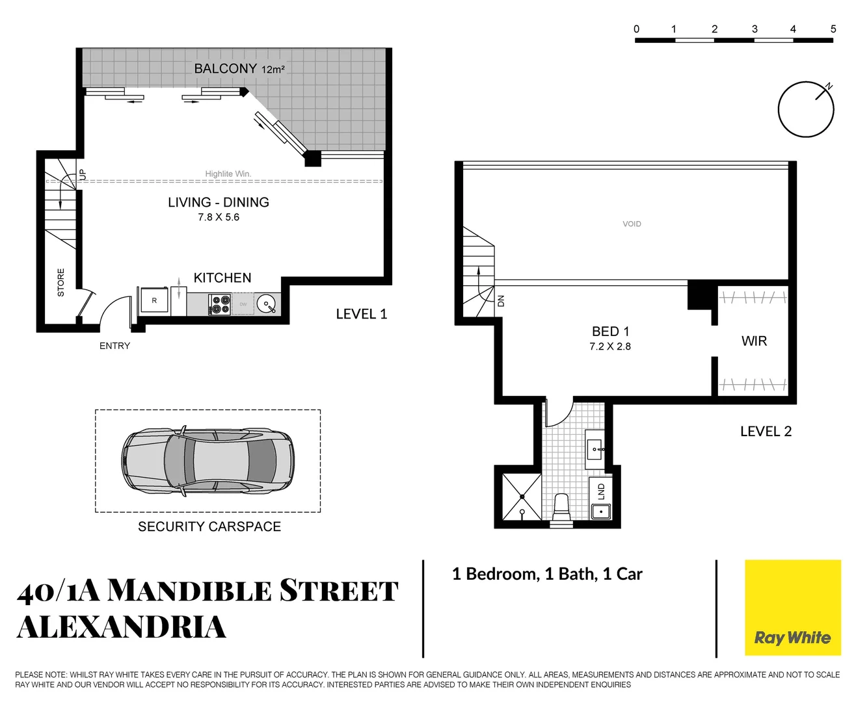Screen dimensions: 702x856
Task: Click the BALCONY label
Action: (225, 68)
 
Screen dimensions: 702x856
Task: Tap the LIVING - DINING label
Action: (219, 202)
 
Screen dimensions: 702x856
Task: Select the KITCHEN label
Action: (222, 278)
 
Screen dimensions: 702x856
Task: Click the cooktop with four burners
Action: (220, 304)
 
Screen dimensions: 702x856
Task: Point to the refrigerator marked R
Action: (154, 301)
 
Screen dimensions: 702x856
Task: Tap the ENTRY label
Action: (114, 346)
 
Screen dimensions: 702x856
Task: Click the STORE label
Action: (61, 283)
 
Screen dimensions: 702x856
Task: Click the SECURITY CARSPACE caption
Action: (209, 526)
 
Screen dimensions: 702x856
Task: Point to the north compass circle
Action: (806, 109)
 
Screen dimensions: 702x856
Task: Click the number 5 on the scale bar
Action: (833, 29)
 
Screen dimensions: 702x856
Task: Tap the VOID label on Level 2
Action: (632, 224)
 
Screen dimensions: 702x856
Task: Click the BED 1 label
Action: (610, 331)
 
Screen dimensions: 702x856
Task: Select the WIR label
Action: (754, 341)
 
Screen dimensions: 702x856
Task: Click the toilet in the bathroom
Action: (561, 506)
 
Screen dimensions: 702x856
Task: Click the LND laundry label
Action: (601, 491)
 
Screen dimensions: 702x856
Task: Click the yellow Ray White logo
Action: (792, 607)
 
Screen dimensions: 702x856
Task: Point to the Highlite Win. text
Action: (228, 174)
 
